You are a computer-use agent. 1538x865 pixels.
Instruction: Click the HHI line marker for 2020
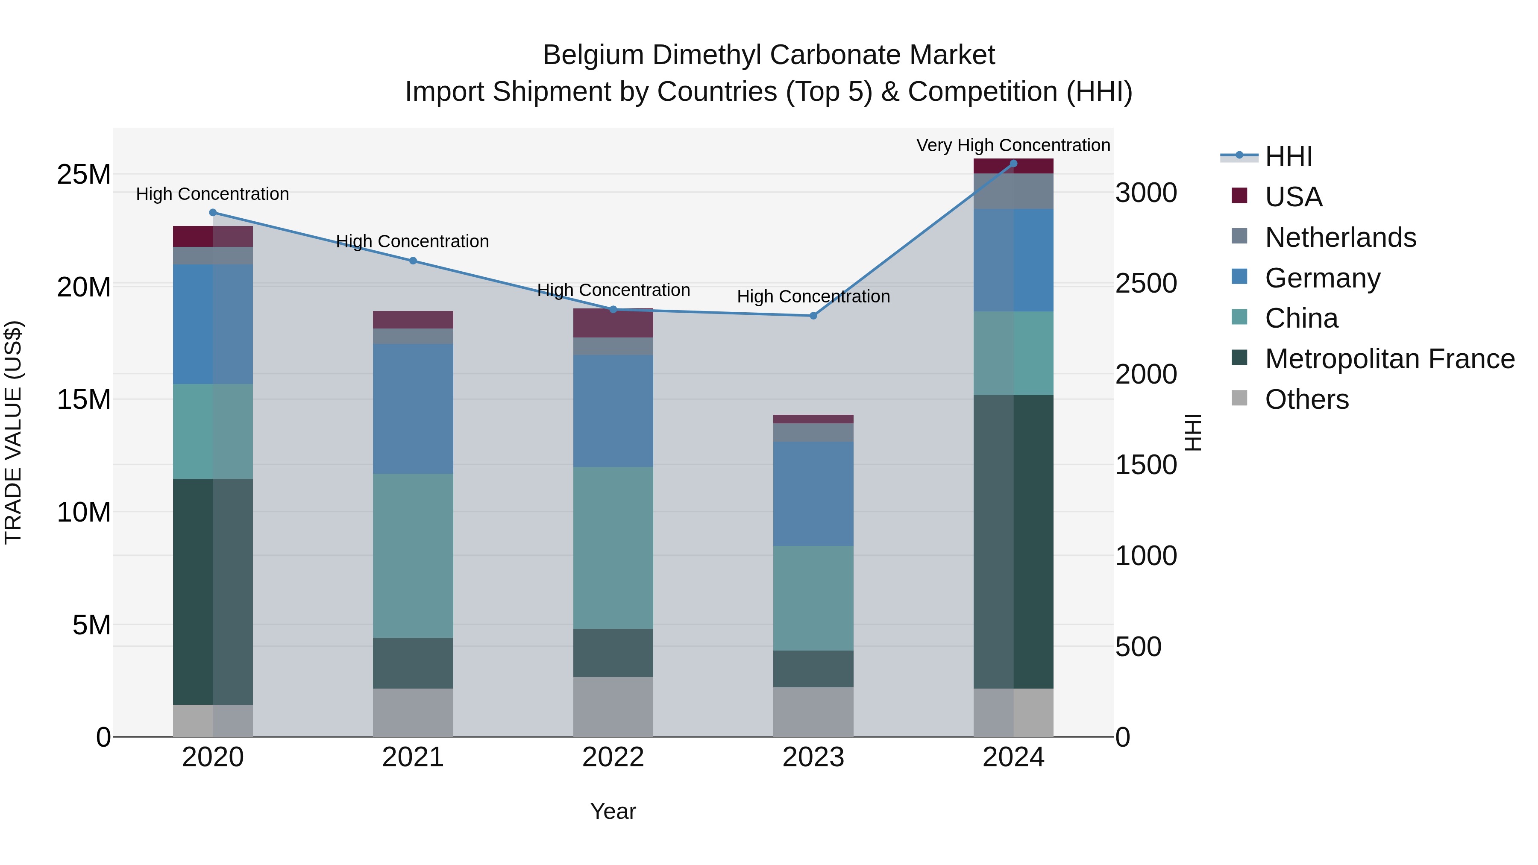213,213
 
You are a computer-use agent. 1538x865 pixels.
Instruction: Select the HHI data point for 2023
813,315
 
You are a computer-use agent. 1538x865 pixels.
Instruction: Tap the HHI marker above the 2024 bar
1013,164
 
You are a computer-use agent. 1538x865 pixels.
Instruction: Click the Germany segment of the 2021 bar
413,408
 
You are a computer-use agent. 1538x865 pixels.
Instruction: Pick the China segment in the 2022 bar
613,548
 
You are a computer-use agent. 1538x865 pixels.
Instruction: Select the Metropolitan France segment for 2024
1013,542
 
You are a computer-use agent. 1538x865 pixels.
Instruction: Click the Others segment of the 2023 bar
813,712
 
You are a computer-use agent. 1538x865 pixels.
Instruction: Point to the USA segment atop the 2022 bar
613,323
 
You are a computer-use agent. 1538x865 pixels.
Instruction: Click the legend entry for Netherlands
1340,238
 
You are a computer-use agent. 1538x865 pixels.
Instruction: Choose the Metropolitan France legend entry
1389,359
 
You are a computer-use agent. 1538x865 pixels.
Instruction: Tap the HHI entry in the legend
1289,156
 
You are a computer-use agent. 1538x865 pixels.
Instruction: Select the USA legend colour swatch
1239,196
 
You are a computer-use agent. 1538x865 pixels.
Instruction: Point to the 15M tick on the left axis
84,399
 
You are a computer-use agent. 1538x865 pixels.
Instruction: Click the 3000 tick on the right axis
1146,193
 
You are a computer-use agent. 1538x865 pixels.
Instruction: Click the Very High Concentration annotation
1013,145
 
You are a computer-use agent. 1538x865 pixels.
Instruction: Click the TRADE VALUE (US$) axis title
13,432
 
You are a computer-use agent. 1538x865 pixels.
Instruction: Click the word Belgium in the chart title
593,55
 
